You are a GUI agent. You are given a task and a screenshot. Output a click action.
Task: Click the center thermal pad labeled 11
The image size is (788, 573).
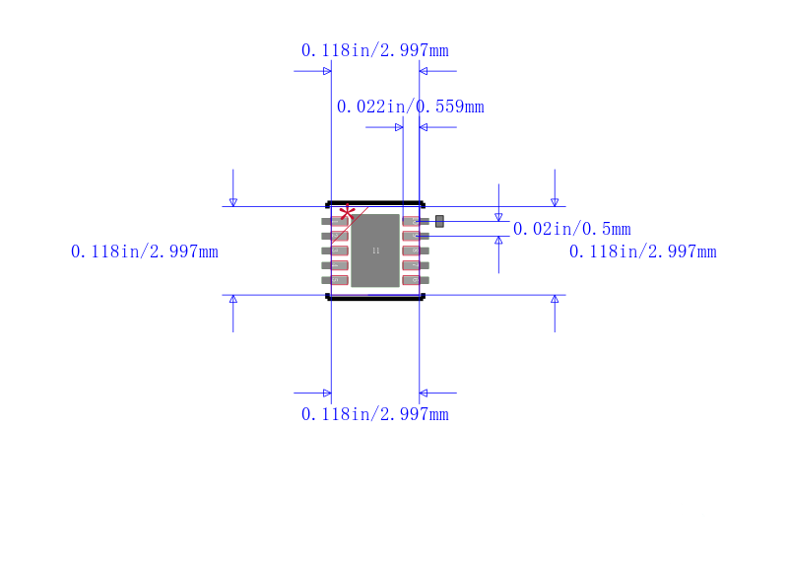point(375,251)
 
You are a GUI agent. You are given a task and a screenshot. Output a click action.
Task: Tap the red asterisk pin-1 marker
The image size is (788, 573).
point(347,213)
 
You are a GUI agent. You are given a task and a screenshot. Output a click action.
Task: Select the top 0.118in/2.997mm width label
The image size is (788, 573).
point(374,50)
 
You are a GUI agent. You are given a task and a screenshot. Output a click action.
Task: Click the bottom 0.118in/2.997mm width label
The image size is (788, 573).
point(374,414)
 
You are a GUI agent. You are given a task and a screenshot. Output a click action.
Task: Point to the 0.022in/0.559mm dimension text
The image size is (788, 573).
point(410,107)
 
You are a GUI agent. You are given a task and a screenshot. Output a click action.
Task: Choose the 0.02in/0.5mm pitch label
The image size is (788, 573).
point(571,229)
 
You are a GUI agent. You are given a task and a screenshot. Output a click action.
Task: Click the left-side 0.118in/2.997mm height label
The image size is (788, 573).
point(144,251)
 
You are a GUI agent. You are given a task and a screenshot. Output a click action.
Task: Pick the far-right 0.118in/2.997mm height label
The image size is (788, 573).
point(642,251)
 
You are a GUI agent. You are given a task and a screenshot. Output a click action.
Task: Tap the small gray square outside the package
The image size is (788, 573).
point(439,221)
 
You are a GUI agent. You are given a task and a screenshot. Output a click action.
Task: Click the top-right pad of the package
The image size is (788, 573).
point(415,222)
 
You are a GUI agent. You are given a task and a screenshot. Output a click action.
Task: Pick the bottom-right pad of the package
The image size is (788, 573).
point(415,280)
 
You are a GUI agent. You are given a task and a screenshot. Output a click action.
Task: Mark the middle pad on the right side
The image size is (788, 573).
point(415,251)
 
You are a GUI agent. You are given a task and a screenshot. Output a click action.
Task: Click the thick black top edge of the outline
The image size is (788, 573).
point(375,203)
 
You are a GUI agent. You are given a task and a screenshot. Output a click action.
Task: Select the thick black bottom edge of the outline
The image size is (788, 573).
point(375,297)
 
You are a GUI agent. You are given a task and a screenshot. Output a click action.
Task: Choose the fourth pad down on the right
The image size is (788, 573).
point(415,265)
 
